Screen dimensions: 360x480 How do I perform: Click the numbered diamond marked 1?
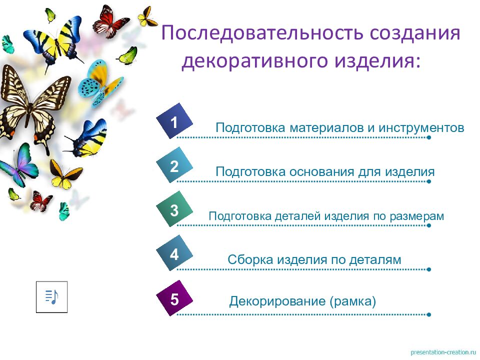coord(174,122)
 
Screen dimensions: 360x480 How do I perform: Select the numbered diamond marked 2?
coord(174,166)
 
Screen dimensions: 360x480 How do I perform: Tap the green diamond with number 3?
coord(174,210)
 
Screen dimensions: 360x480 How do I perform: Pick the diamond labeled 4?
coord(174,254)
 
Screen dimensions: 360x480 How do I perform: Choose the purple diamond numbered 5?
coord(174,299)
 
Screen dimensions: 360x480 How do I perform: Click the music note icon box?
coord(51,296)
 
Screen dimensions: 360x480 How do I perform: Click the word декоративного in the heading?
coord(263,62)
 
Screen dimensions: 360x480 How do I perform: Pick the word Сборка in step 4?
coord(250,260)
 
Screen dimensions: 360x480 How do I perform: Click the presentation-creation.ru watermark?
coord(442,352)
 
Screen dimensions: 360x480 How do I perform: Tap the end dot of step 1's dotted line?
coord(429,137)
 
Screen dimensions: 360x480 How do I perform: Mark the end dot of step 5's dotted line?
coord(429,314)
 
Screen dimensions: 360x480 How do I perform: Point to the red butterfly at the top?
coord(111,20)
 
